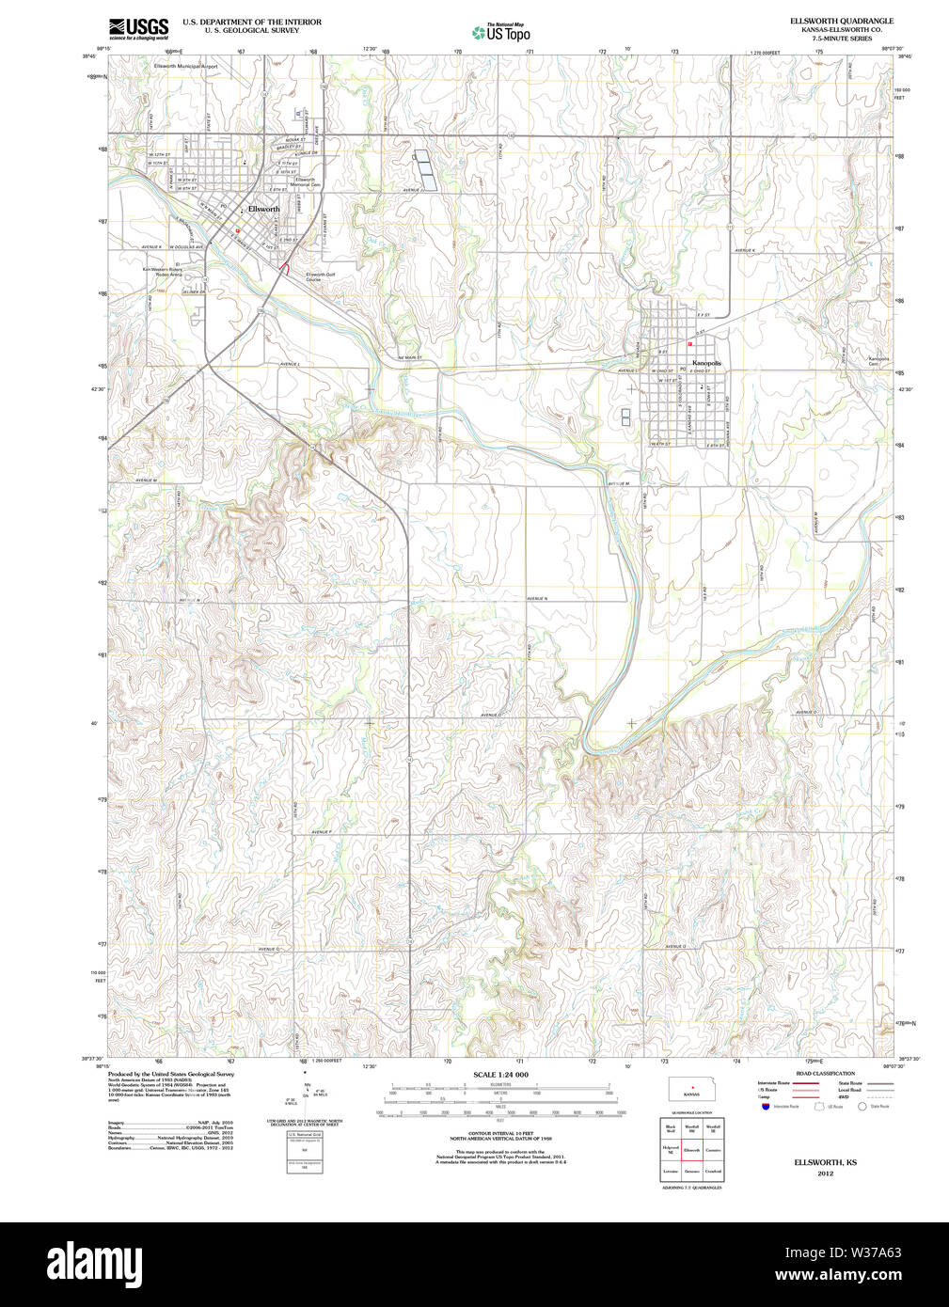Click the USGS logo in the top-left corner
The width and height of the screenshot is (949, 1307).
pos(138,27)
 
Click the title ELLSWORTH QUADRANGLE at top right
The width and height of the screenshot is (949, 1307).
pos(829,21)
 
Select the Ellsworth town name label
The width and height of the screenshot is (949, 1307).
pos(263,209)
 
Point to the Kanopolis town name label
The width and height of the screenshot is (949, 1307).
pos(706,362)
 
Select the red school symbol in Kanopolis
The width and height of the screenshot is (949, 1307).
pos(689,344)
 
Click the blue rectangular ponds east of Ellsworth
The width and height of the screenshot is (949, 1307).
pos(425,168)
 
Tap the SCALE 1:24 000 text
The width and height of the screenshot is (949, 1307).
pos(500,1075)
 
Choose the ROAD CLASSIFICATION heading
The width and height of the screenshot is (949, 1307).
pos(825,1073)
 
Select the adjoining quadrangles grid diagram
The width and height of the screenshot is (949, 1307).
pos(691,1149)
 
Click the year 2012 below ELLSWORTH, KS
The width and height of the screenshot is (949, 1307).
pos(825,1173)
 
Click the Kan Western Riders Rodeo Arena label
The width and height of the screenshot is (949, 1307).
pos(162,271)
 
